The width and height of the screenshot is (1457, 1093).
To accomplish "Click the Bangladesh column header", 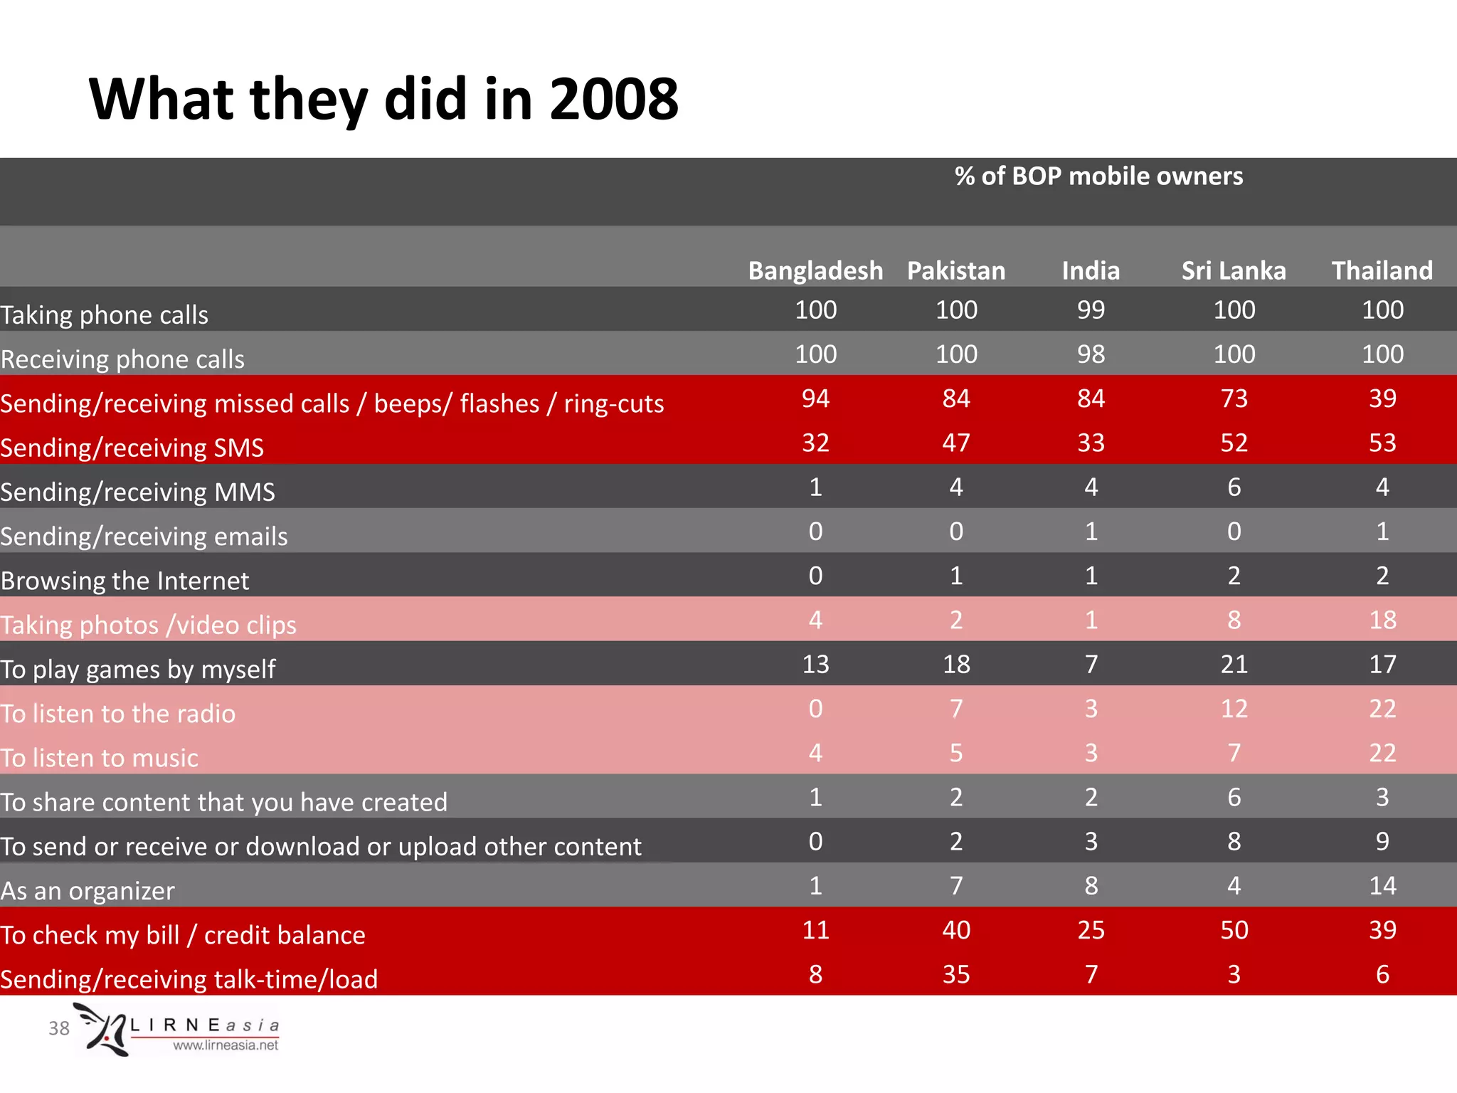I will click(815, 271).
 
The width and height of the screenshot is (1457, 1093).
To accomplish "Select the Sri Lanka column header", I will click(1234, 271).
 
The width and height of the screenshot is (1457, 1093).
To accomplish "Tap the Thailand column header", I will click(1382, 271).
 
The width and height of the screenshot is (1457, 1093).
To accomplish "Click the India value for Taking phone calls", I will click(1091, 310).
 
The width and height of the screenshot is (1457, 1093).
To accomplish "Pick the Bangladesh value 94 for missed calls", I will click(815, 398).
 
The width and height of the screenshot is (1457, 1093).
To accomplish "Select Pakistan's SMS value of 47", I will click(955, 443).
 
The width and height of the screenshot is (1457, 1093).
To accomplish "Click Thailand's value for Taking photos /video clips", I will click(1382, 620).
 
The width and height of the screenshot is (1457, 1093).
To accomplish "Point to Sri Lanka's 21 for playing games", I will click(1234, 664).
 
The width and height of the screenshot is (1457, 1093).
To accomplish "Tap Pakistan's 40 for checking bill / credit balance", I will click(955, 930).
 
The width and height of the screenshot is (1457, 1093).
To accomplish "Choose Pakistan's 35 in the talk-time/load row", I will click(955, 974).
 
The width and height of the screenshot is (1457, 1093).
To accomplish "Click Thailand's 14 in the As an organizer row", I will click(1382, 886).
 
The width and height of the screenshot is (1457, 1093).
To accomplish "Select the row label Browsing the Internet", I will click(125, 581).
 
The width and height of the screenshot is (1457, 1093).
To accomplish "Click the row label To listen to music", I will click(100, 758).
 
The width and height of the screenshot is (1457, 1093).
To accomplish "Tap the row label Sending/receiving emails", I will click(144, 537).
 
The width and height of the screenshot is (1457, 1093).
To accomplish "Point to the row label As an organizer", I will click(88, 891).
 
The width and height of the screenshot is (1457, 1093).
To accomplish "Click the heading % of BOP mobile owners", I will click(1098, 176).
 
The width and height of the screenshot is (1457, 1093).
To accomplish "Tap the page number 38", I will click(59, 1028).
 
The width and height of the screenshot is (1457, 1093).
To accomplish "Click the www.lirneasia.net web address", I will click(226, 1045).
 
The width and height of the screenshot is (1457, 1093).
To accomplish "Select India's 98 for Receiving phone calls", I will click(1091, 354).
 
